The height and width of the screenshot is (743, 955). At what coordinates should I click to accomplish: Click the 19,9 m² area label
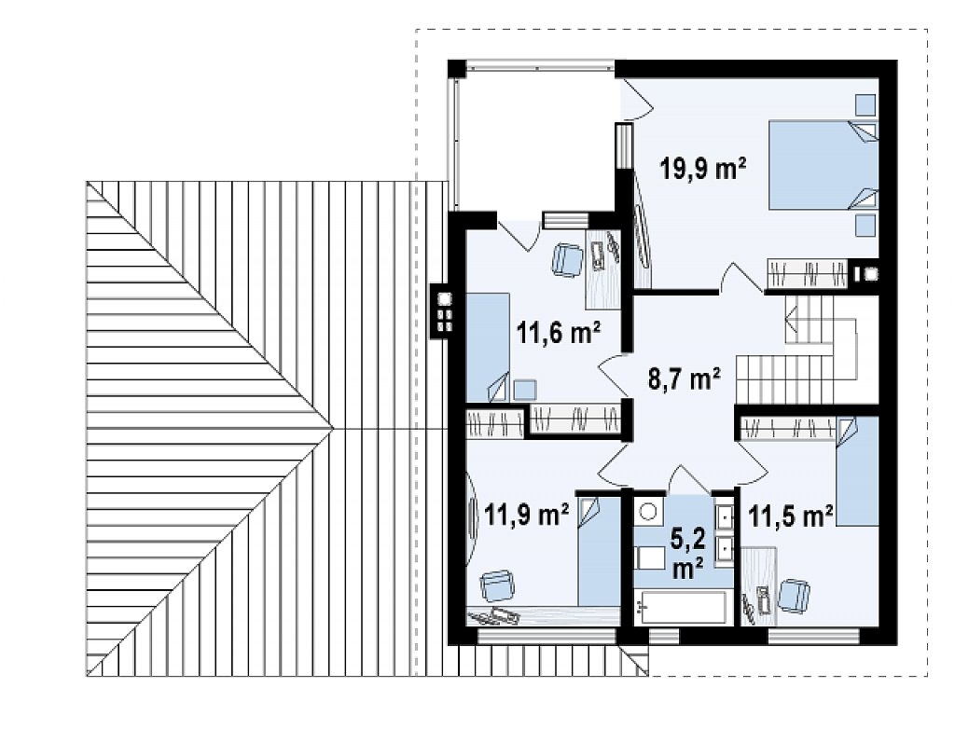(703, 168)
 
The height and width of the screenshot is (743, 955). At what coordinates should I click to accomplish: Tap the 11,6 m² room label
(559, 333)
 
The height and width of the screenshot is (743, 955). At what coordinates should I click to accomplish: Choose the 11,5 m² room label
(790, 516)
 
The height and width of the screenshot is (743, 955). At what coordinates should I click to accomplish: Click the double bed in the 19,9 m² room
(824, 165)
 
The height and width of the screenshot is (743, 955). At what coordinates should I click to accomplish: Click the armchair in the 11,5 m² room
(795, 595)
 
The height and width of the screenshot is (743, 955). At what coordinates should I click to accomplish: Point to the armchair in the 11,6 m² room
(567, 260)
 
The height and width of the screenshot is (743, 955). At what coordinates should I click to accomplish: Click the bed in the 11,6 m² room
(488, 347)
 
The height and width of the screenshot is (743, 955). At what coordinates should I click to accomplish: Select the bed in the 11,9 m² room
(598, 552)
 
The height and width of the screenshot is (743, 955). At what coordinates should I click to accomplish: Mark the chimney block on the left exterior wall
(444, 311)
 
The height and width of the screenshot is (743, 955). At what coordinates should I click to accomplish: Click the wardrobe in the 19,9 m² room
(807, 273)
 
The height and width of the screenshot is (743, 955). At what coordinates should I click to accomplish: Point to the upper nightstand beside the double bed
(865, 104)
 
